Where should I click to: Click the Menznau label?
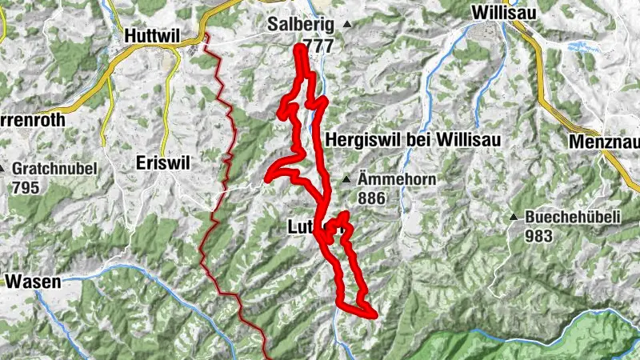606,142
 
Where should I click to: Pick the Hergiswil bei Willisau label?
413,140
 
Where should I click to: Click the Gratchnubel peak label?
54,169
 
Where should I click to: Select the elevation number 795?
26,187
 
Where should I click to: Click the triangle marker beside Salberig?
347,25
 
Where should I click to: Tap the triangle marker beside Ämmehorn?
346,180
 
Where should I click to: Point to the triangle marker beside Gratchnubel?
3,169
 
